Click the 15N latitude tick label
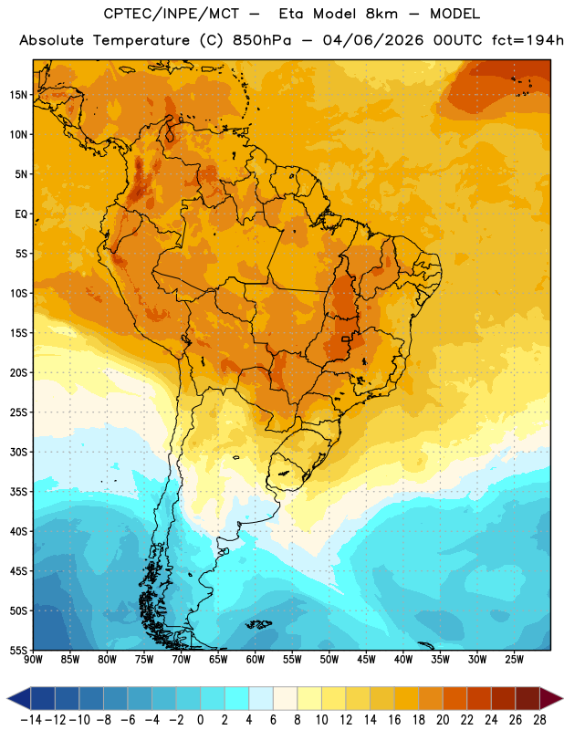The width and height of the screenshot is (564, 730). tap(18, 95)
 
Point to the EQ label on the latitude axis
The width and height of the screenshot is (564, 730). tap(21, 214)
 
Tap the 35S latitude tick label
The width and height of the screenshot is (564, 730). tap(18, 492)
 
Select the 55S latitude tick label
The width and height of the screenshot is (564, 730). tap(18, 651)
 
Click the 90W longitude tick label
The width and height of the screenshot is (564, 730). tap(33, 659)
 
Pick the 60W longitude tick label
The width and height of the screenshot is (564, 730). tap(256, 659)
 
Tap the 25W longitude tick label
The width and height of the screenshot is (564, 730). tap(514, 659)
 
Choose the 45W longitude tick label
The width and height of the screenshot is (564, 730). tap(366, 659)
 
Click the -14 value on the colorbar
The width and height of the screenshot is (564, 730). tap(32, 720)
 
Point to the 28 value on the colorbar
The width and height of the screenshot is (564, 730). tap(539, 720)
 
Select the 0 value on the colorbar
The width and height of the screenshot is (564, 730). tap(201, 720)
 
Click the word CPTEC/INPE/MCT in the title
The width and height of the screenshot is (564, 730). tap(172, 14)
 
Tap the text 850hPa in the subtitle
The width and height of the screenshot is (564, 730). tap(262, 40)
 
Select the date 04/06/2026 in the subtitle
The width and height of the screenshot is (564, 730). tap(373, 40)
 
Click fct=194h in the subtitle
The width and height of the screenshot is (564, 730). tap(527, 40)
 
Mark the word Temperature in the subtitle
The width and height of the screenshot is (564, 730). tap(141, 40)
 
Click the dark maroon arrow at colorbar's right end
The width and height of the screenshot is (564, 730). tap(551, 699)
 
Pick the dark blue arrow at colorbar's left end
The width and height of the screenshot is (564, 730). tap(19, 699)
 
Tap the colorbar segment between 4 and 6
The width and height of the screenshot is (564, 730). tap(261, 699)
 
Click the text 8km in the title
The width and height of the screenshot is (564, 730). tap(381, 14)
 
